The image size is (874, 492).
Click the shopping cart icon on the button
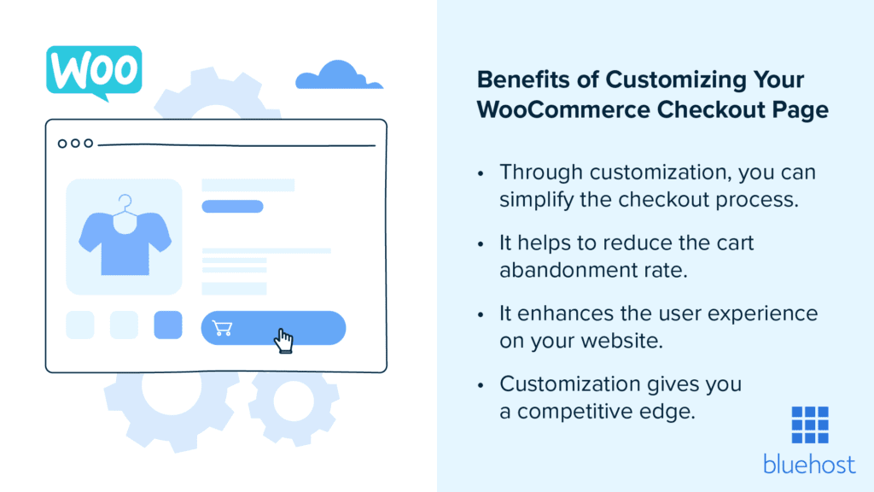(x=222, y=328)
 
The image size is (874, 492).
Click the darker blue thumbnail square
(x=168, y=325)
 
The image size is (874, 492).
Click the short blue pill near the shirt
(x=232, y=206)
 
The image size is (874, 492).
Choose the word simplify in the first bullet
(x=535, y=201)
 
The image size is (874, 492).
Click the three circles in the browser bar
(x=75, y=143)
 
